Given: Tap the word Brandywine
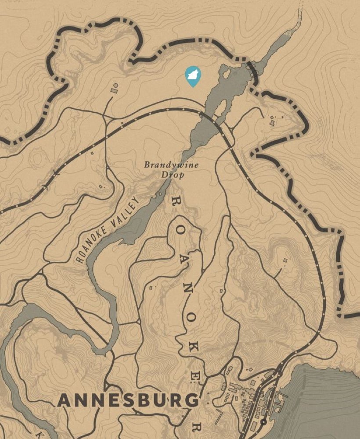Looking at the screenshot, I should pyautogui.click(x=171, y=165).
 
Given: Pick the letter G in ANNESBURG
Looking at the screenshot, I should pyautogui.click(x=190, y=400).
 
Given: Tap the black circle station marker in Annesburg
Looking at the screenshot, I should pyautogui.click(x=263, y=422).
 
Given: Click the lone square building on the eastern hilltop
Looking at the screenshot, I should pyautogui.click(x=285, y=260).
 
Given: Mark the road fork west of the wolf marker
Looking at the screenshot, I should pyautogui.click(x=106, y=118).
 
